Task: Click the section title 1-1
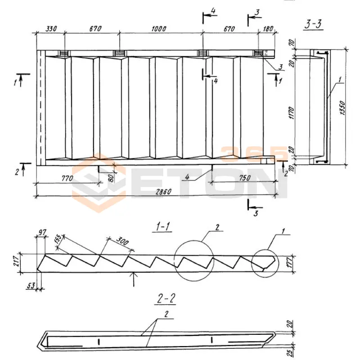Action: pos(159,228)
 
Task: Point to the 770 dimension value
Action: pos(66,179)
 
